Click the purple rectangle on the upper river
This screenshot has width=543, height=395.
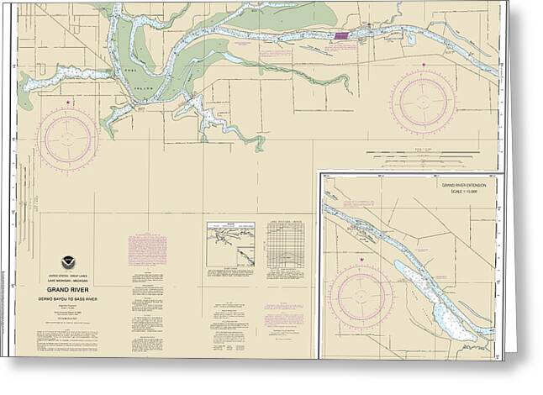coord(341,36)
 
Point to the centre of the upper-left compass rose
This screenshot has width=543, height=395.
coord(68,136)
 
